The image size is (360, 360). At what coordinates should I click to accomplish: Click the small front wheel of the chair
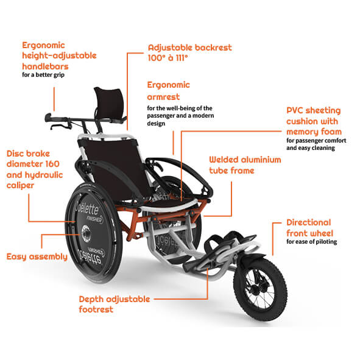point(260,289)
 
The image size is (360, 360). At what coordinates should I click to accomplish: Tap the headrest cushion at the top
point(110,103)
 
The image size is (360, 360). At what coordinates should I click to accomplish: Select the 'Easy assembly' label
point(37,257)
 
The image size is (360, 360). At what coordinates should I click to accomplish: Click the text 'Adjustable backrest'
point(190,48)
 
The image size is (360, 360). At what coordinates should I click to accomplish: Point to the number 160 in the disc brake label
point(52,164)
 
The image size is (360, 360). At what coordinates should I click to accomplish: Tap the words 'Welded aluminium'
point(245,160)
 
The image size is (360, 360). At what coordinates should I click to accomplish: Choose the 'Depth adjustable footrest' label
point(115,304)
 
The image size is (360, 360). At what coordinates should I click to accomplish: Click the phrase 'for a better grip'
point(43,75)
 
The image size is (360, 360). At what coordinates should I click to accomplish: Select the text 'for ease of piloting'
point(311,242)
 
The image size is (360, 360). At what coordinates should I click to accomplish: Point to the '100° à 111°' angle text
point(168,58)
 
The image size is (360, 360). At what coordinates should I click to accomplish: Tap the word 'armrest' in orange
point(163,97)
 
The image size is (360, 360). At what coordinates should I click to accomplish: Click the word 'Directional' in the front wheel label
point(309,222)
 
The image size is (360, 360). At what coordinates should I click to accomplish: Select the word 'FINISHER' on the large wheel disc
point(94,219)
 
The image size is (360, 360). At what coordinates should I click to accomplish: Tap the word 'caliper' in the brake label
point(20,186)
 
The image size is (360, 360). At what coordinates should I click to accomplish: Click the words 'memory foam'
point(314,132)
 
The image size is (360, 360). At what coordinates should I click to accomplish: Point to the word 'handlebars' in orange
point(45,66)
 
